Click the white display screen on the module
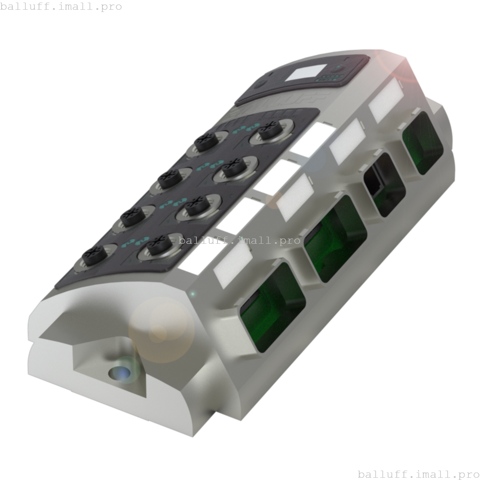tap(306, 73)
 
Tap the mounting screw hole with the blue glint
tap(119, 373)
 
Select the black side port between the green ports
tap(384, 185)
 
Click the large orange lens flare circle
tap(162, 330)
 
